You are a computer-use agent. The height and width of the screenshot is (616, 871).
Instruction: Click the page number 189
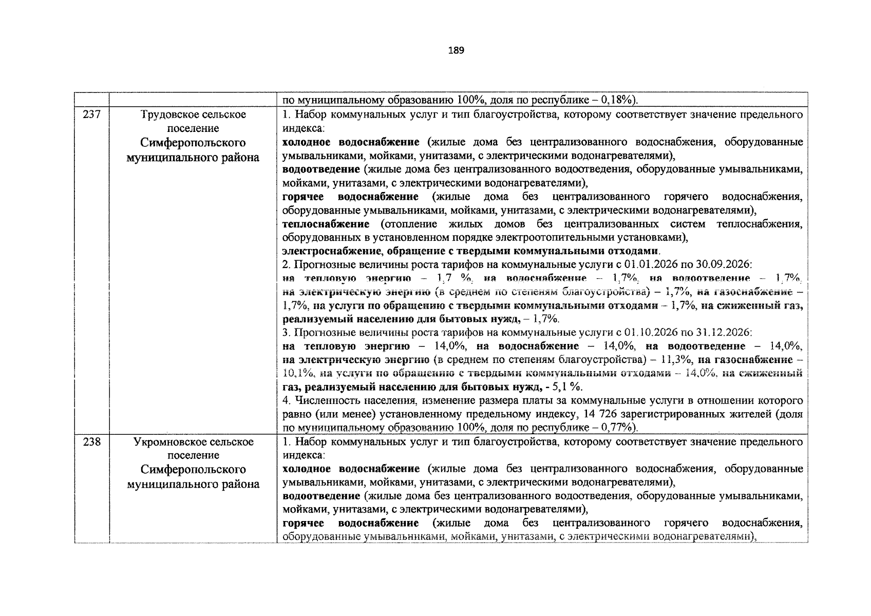(456, 50)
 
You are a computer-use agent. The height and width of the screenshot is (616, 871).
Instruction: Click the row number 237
(91, 114)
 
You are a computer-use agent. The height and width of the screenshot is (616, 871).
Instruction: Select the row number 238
(91, 442)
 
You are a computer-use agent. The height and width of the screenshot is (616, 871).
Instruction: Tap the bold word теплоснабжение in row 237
(326, 224)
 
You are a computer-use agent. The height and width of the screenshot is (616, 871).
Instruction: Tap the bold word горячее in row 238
(304, 523)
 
